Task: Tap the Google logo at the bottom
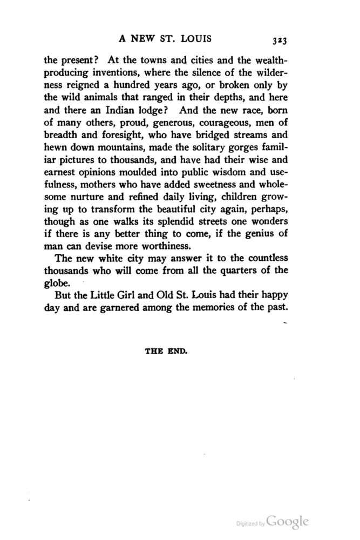288,522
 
